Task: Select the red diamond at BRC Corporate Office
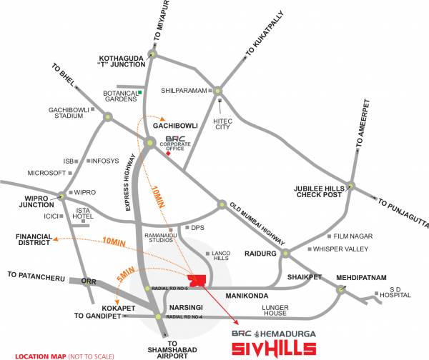click(x=168, y=152)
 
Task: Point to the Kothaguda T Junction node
click(x=152, y=53)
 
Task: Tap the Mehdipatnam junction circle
click(x=341, y=290)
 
